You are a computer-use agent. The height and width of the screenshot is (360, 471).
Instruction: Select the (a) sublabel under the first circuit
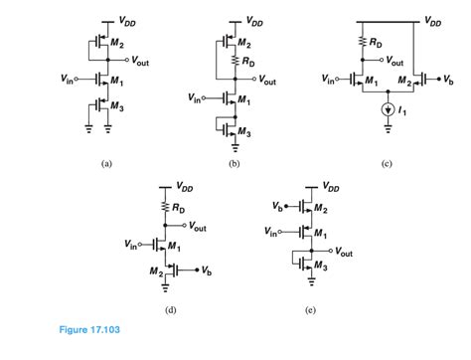point(104,164)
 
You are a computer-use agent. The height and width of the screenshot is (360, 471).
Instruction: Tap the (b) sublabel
point(235,164)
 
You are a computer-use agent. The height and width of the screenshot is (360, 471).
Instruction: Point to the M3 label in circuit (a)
point(116,107)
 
